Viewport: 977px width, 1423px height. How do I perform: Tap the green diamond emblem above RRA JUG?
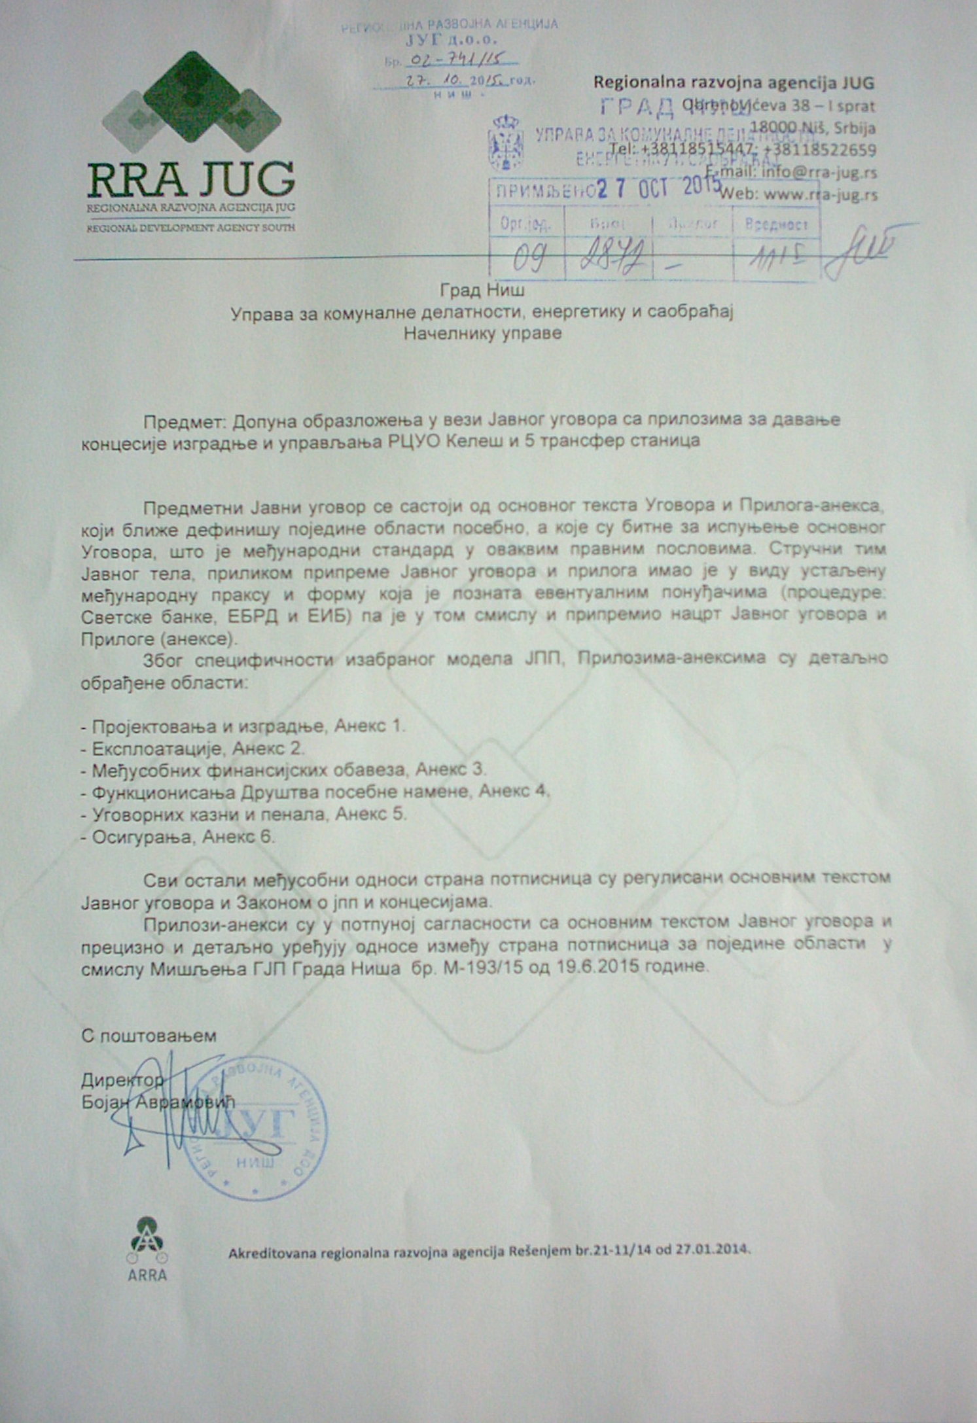(x=191, y=101)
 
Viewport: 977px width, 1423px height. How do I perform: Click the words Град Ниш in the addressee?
(x=482, y=289)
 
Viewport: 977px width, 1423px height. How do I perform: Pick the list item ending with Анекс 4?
(x=315, y=792)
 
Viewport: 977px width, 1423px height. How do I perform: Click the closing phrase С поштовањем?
(x=149, y=1036)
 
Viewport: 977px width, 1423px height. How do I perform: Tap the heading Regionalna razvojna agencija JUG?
(x=733, y=83)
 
